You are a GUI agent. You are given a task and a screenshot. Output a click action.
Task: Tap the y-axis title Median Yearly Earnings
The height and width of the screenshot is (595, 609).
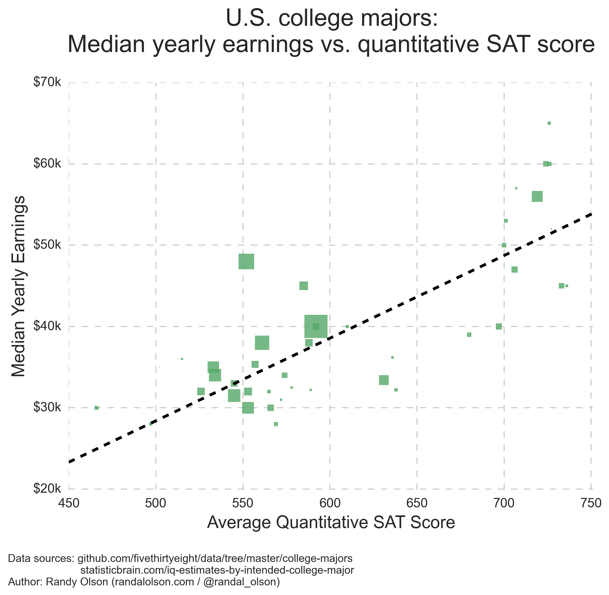(19, 286)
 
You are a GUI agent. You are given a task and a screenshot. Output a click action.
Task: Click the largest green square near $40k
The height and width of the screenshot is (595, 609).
(316, 327)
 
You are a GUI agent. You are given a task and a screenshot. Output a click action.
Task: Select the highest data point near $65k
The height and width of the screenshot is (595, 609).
(549, 123)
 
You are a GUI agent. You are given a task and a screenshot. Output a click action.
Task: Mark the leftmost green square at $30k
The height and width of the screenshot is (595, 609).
(97, 408)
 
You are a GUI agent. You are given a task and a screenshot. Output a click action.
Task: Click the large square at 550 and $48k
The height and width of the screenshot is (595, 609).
(246, 261)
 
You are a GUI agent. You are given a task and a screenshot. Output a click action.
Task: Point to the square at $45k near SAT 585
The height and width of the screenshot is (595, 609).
(304, 286)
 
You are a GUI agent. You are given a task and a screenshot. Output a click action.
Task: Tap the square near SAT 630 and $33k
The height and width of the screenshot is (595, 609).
(384, 380)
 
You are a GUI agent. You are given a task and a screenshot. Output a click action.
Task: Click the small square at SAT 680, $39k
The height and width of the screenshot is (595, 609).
(469, 335)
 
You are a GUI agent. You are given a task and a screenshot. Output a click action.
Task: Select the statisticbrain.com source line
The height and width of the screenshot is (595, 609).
(217, 570)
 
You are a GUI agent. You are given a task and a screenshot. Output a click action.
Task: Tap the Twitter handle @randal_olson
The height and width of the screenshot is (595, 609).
(241, 582)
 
